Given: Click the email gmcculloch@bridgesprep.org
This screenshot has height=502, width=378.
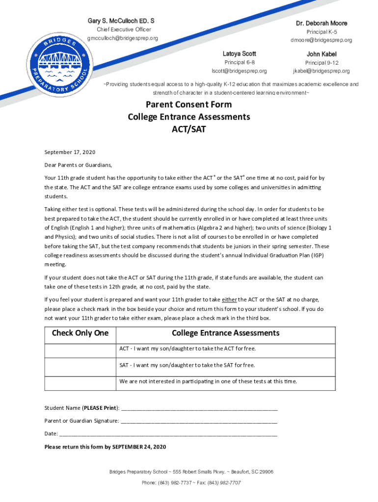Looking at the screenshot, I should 123,38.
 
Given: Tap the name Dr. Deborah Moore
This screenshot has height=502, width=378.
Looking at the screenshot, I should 321,23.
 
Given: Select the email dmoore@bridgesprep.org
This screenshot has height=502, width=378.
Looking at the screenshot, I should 321,40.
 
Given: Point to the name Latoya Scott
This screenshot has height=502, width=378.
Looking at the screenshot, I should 239,53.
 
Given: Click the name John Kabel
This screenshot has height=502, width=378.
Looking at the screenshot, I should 322,54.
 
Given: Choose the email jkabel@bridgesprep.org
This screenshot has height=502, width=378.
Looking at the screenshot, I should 322,71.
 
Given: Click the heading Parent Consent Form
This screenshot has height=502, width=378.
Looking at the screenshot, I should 189,104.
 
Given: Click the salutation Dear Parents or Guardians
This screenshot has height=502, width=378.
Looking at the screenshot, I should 78,165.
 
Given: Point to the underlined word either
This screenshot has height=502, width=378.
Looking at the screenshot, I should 229,299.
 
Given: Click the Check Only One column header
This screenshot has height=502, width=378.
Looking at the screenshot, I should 80,333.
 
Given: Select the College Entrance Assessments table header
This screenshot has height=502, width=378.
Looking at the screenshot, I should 225,333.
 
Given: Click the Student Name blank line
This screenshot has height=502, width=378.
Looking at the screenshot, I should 199,408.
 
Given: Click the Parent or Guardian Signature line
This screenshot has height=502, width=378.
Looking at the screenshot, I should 199,421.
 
